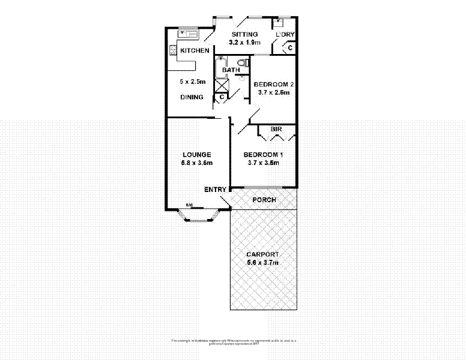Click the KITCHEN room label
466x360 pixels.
pos(195,50)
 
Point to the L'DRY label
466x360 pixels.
pos(285,35)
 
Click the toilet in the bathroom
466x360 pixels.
pos(243,62)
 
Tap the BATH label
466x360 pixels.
pos(231,70)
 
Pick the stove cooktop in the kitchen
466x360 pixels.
pos(172,50)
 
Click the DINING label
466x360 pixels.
pos(192,97)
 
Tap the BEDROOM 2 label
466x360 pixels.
pos(273,84)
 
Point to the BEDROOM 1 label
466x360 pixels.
pos(263,154)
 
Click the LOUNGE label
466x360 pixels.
pos(197,154)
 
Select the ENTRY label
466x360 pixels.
pos(215,190)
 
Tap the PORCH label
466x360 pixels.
pos(264,200)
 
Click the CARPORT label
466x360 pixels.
pos(263,253)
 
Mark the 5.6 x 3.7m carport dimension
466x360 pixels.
pos(263,262)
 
